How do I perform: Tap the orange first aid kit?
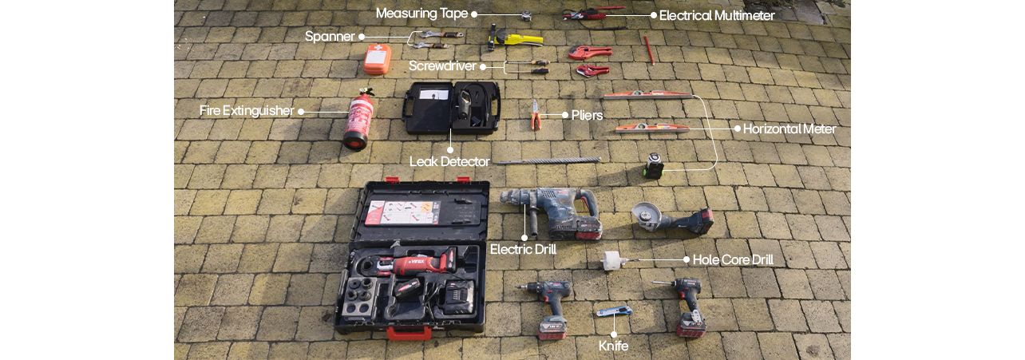(377, 59)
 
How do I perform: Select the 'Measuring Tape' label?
(421, 14)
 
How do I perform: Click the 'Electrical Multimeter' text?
(716, 15)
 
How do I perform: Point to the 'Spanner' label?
(330, 37)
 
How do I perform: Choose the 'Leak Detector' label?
(449, 162)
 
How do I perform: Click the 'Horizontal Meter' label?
(789, 129)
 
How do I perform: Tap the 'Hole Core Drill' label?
(732, 259)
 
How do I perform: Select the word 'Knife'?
(613, 346)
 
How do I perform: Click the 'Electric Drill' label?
(523, 250)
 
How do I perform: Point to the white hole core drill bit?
(613, 261)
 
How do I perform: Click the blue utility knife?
(614, 311)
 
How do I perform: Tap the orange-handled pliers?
(536, 116)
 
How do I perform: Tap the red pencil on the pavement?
(649, 49)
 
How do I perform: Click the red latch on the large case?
(398, 331)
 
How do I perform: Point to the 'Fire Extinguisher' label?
(247, 111)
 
